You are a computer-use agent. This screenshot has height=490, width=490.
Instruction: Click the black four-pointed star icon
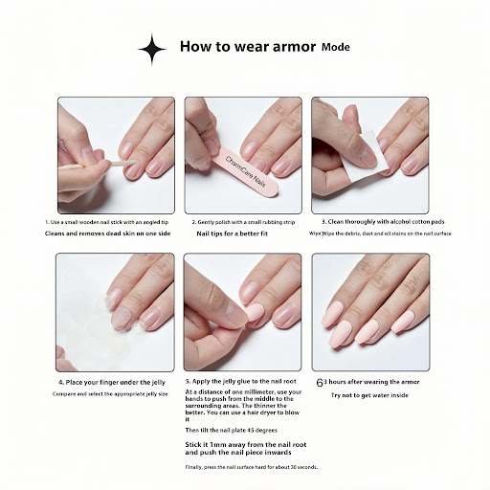pyautogui.click(x=152, y=49)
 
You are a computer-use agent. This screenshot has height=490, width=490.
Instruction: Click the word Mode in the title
pyautogui.click(x=336, y=47)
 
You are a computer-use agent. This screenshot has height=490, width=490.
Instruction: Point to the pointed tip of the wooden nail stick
pyautogui.click(x=134, y=162)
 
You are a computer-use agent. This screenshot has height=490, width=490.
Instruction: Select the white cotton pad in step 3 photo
pyautogui.click(x=367, y=156)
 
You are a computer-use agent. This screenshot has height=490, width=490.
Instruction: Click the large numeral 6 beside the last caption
pyautogui.click(x=320, y=383)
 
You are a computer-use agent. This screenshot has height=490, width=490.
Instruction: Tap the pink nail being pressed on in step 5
pyautogui.click(x=255, y=313)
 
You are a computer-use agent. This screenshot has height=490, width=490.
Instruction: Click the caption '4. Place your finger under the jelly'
pyautogui.click(x=112, y=382)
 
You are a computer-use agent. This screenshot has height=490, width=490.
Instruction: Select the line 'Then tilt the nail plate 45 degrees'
pyautogui.click(x=232, y=430)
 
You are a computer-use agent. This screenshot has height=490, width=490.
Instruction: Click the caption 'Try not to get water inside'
pyautogui.click(x=369, y=395)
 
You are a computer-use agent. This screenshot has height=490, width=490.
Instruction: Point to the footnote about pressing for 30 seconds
pyautogui.click(x=252, y=467)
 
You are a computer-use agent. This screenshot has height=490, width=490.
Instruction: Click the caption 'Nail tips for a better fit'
pyautogui.click(x=232, y=234)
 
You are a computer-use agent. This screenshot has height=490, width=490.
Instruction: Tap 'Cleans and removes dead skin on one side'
pyautogui.click(x=107, y=234)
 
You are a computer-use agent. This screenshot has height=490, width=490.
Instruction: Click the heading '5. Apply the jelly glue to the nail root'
pyautogui.click(x=241, y=381)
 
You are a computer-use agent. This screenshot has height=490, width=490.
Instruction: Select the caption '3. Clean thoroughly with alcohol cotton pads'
pyautogui.click(x=383, y=221)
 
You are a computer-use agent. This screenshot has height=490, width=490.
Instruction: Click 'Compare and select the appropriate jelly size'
pyautogui.click(x=110, y=394)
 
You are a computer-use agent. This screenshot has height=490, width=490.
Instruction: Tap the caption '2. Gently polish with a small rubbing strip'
pyautogui.click(x=243, y=222)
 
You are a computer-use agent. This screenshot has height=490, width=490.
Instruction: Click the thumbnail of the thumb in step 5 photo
pyautogui.click(x=236, y=314)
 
